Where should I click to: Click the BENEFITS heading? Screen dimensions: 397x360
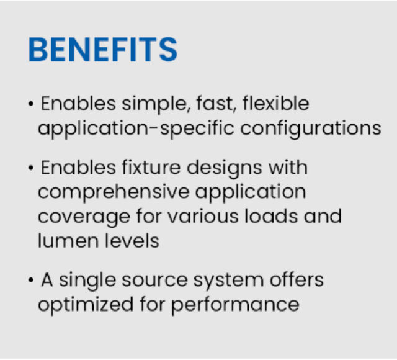pos(103,50)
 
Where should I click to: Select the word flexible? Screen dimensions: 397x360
pos(276,103)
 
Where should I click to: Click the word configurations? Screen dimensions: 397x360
pos(311,128)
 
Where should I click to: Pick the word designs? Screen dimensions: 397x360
pos(225,168)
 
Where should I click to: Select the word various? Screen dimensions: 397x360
pos(203,217)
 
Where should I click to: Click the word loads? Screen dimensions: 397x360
pos(271,216)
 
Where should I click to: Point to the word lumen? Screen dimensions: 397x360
pos(68,241)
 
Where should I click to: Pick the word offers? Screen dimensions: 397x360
pos(297,280)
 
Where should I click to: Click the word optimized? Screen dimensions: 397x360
pos(86,305)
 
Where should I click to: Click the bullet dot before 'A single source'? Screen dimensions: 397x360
pos(31,280)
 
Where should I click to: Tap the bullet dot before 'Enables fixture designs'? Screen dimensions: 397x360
pos(31,168)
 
